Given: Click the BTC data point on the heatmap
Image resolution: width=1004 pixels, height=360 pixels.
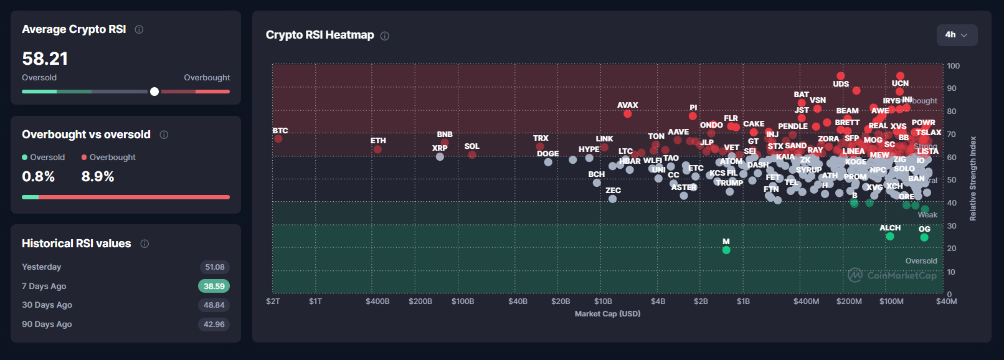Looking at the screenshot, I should (x=278, y=138).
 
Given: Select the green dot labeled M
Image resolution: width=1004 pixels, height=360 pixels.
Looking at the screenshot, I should (x=726, y=250).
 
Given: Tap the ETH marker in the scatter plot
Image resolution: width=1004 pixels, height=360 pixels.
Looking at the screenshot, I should (x=377, y=149).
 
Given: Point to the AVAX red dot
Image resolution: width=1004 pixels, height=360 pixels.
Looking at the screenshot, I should (x=627, y=113).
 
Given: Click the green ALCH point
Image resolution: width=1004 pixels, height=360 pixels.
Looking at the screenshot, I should (x=890, y=236).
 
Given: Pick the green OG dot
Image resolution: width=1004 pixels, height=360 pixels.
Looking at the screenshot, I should (x=924, y=237).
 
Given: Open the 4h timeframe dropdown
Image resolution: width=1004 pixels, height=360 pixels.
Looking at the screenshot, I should (x=957, y=35).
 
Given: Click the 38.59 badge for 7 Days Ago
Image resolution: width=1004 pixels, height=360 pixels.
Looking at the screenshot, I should (x=214, y=287).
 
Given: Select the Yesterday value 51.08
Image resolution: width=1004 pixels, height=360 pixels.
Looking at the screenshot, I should (x=214, y=267).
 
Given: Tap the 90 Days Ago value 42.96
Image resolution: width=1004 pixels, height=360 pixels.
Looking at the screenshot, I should (x=214, y=324).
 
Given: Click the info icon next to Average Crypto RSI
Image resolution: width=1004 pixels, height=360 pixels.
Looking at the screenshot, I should (x=139, y=29).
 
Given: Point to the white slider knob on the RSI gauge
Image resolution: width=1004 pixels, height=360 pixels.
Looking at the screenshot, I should (x=154, y=92).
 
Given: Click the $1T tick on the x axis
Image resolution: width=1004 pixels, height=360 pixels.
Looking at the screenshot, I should (x=316, y=301).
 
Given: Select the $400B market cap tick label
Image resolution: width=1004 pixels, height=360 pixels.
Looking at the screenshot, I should (x=377, y=301).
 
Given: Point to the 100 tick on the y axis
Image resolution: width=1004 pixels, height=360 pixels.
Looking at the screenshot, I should (x=953, y=66).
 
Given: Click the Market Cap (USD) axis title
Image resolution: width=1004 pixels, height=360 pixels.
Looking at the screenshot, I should (x=607, y=314).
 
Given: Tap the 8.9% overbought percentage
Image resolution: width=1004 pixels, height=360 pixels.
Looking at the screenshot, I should (x=98, y=177).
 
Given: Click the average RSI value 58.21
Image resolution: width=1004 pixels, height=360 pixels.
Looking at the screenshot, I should (x=45, y=59).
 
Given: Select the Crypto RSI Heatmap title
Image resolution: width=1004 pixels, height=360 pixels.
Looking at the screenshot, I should (x=320, y=35).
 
